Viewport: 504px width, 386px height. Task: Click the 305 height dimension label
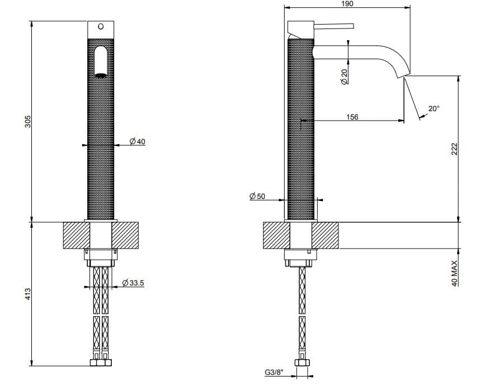(x=29, y=121)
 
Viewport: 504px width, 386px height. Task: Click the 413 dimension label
(x=28, y=294)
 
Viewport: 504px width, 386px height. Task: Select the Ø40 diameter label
(x=137, y=141)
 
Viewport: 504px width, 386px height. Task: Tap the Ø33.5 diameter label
(x=133, y=283)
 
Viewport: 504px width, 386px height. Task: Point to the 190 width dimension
(x=347, y=3)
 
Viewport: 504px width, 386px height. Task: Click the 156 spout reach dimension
(x=352, y=117)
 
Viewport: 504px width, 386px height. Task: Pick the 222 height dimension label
(x=454, y=149)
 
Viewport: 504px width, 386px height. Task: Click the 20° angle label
(x=434, y=108)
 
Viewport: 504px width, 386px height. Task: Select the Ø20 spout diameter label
(x=344, y=77)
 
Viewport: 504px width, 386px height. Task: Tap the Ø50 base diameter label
(x=257, y=196)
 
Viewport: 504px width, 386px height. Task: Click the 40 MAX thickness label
(x=454, y=273)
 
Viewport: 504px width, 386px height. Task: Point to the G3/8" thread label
(x=274, y=372)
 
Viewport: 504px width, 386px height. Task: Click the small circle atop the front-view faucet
(x=101, y=27)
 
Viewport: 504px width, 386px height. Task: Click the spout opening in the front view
(x=101, y=75)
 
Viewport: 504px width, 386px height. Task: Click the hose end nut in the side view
(x=302, y=363)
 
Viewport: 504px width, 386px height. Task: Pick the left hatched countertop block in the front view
(x=77, y=235)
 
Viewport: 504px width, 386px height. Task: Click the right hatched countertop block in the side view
(x=325, y=235)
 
